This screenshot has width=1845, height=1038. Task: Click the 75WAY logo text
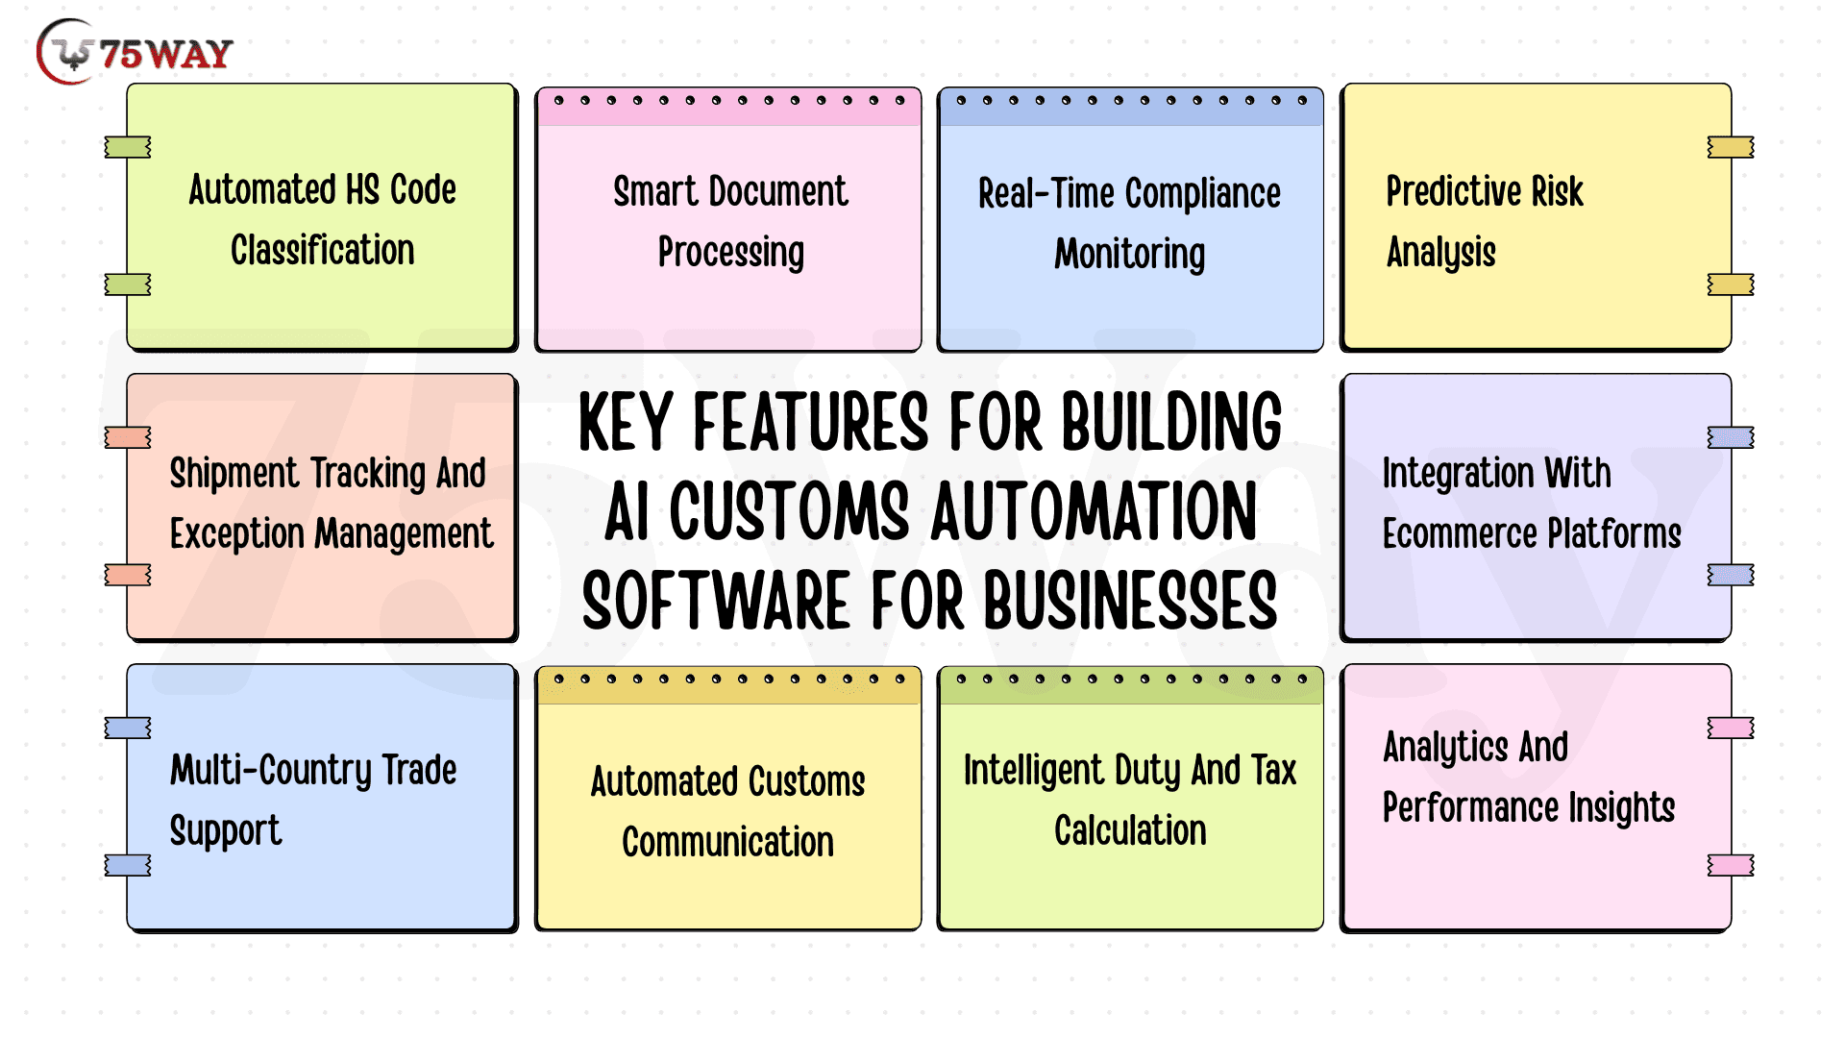pos(166,54)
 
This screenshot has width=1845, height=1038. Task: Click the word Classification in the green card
pos(323,250)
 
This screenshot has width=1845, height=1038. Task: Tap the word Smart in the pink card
pos(655,191)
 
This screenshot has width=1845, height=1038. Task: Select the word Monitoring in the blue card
pos(1130,255)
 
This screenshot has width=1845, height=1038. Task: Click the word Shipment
pos(235,474)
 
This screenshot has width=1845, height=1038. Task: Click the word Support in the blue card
pos(226,831)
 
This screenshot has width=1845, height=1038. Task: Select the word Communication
pos(728,842)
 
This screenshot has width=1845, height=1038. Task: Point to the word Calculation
pos(1130,830)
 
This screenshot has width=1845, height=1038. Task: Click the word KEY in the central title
pos(626,422)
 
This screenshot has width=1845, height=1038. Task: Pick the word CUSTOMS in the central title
pos(789,511)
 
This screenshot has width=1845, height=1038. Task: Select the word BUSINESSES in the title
pos(1131,601)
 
